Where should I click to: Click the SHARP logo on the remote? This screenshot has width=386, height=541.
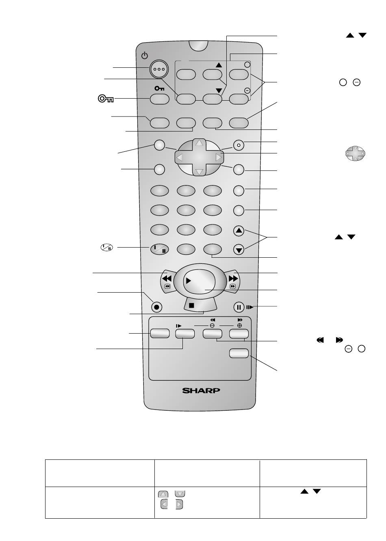point(201,390)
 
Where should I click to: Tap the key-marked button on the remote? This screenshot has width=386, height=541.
point(159,99)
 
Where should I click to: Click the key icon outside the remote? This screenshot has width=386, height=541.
point(106,99)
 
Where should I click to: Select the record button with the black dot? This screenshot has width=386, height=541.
point(156,307)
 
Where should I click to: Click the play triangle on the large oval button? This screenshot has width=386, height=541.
point(188,280)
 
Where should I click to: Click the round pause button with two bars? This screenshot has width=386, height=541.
point(239,307)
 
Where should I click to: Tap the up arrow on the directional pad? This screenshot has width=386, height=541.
point(199,143)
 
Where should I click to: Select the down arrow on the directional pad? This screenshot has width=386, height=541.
point(199,172)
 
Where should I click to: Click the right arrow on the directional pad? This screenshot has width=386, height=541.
point(219,157)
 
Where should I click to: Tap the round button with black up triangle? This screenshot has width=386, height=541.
point(239,231)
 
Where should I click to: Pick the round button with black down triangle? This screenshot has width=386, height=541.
point(239,250)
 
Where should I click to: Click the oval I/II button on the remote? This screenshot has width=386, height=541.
point(159,249)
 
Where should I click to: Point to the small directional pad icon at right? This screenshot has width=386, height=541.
point(355,154)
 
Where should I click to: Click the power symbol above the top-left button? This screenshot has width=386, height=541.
point(144,55)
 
